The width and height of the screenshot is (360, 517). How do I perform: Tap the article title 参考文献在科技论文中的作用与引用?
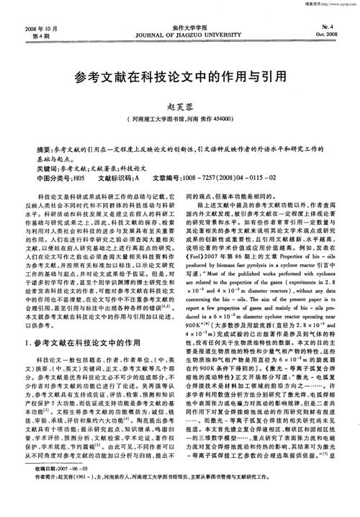pyautogui.click(x=179, y=74)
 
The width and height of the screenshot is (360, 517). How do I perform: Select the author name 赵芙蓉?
pyautogui.click(x=179, y=104)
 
